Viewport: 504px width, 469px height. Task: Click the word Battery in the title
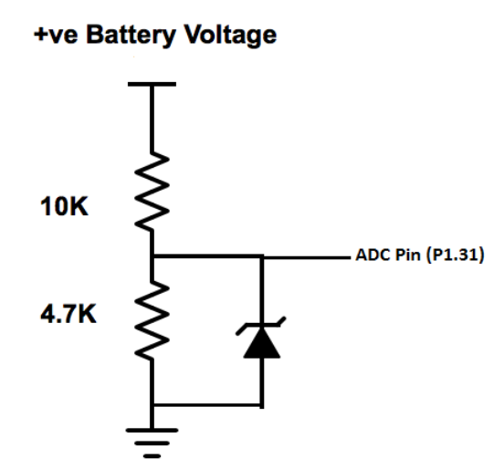pos(131,36)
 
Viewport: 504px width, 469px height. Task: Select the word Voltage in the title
pos(230,36)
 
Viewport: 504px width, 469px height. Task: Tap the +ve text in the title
pos(56,36)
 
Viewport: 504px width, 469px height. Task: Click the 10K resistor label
pos(64,206)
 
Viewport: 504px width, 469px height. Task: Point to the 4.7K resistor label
pos(68,314)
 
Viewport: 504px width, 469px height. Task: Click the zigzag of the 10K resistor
pos(152,192)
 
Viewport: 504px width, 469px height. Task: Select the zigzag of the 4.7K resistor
pos(152,320)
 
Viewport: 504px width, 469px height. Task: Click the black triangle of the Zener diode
pos(262,342)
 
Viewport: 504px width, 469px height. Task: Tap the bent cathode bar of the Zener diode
pos(261,326)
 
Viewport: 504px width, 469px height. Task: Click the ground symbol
pos(152,443)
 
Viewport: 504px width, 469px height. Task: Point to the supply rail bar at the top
pos(152,84)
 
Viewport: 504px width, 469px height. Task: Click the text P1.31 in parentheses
pos(456,255)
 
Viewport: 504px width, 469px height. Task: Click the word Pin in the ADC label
pos(408,255)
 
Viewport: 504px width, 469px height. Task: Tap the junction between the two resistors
pos(152,256)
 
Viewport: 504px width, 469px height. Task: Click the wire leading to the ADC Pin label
pos(307,257)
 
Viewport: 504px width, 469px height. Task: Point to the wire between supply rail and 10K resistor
pos(152,120)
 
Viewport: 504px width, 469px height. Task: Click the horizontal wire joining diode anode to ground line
pos(207,405)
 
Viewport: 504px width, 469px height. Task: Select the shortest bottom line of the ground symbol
pos(152,456)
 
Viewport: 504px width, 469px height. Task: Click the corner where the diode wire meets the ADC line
pos(262,256)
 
